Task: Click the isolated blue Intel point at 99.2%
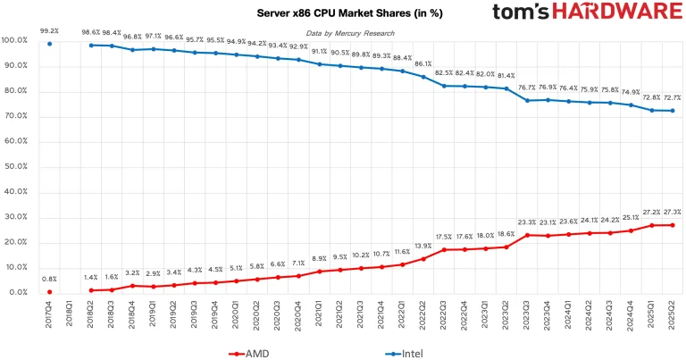[50, 43]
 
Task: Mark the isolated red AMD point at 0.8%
[50, 291]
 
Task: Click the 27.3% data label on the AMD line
[671, 212]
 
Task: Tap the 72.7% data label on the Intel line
[671, 97]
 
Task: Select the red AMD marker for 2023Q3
[527, 235]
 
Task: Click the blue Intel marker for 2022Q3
[444, 86]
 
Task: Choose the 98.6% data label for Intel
[91, 31]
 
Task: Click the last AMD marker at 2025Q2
[672, 225]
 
